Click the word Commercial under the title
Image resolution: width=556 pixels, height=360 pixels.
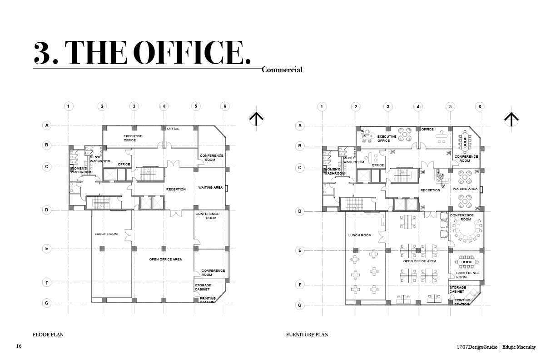coord(282,70)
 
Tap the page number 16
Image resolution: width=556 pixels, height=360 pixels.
coord(19,346)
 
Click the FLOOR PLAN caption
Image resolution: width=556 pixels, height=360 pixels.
coord(48,335)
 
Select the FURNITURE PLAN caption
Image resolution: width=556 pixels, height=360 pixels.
coord(307,335)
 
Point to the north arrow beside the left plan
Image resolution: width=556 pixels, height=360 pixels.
coord(256,119)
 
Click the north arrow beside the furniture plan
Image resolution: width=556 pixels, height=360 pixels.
coord(511,120)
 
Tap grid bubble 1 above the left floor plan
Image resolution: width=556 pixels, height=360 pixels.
coord(69,106)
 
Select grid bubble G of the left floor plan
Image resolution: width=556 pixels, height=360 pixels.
coord(47,303)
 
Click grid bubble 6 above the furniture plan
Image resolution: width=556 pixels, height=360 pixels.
coord(480,107)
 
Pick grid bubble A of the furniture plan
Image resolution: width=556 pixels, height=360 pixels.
coord(300,126)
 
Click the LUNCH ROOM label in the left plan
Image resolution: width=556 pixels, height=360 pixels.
coord(106,234)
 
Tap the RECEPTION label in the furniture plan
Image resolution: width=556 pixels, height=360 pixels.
coord(431,190)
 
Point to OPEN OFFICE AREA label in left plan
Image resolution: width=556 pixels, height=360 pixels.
coord(165,260)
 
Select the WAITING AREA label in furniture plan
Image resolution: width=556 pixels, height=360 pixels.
coord(465,189)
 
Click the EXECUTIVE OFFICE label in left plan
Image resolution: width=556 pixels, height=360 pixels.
coord(133,138)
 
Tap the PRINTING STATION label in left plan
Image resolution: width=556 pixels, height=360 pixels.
coord(208,300)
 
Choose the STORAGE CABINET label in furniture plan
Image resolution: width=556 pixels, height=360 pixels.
coord(458,290)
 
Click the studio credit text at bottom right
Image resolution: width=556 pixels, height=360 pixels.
coord(496,347)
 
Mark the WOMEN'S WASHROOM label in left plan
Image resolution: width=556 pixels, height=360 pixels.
coord(81,170)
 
